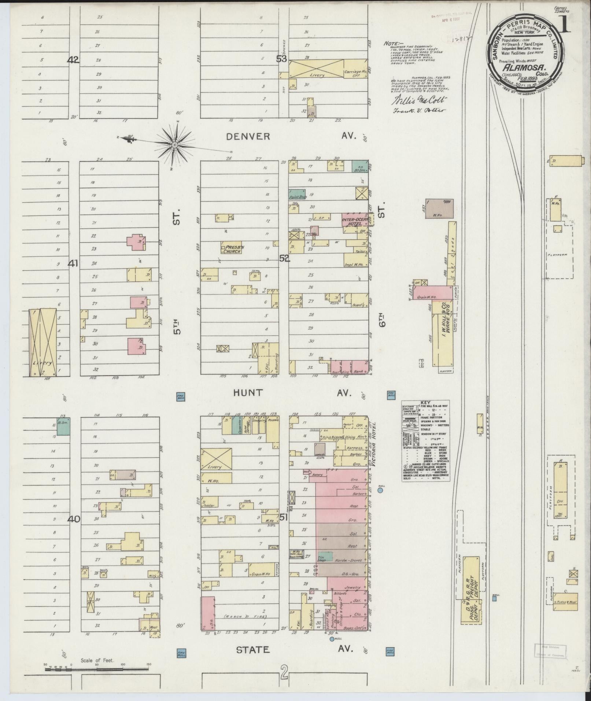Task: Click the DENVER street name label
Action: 248,137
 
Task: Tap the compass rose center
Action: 175,145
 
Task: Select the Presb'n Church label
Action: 232,249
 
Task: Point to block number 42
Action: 73,60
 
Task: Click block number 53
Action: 282,59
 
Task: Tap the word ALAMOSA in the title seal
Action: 520,67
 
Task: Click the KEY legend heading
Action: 425,402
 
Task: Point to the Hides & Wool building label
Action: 565,602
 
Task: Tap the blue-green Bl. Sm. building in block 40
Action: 63,427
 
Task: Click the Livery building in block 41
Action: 43,342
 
